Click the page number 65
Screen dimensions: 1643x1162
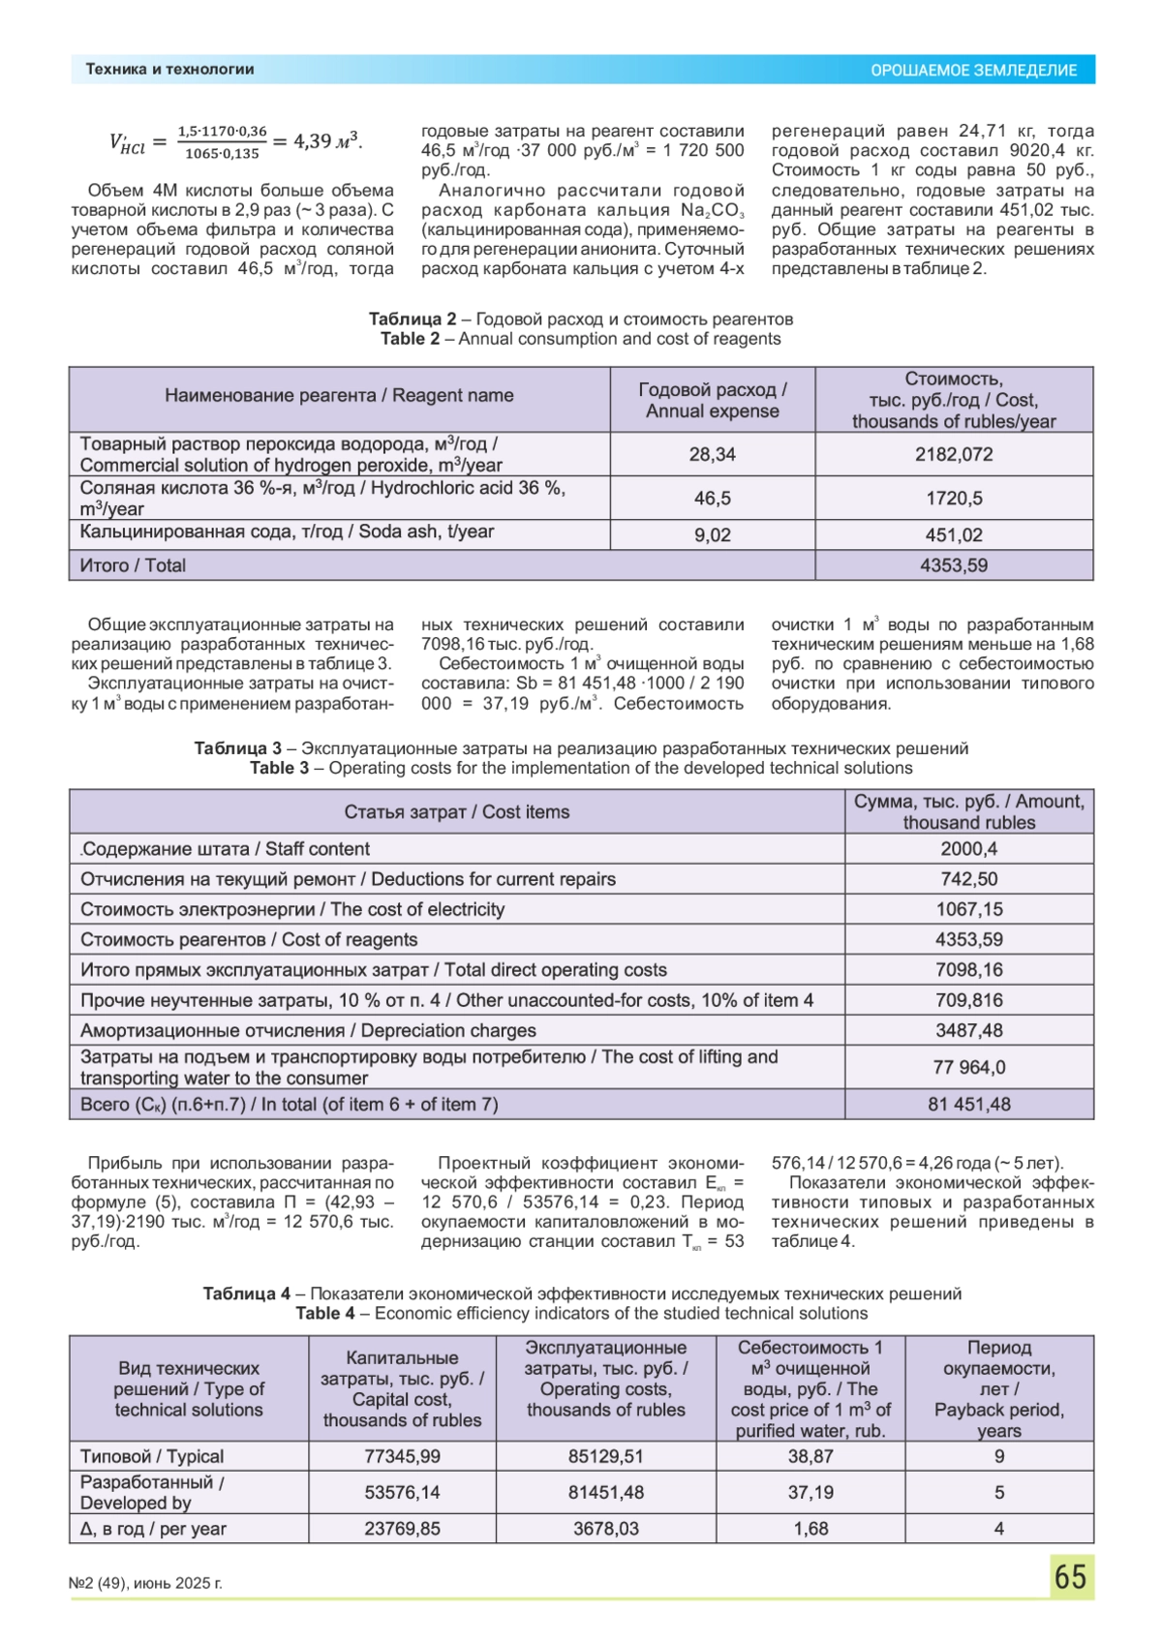click(1070, 1577)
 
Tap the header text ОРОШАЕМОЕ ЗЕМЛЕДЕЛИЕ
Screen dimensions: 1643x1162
click(973, 70)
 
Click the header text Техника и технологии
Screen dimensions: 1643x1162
click(170, 70)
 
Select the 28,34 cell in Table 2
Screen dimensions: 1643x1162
click(712, 454)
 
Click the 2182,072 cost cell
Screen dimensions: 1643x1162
click(954, 454)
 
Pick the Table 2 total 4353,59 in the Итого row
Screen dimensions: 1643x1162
click(954, 565)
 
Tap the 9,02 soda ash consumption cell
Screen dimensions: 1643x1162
click(712, 534)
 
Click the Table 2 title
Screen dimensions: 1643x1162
click(581, 329)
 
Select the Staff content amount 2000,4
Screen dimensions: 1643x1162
click(968, 849)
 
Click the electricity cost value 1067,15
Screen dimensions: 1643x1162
click(968, 909)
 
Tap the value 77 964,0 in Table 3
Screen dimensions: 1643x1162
click(968, 1067)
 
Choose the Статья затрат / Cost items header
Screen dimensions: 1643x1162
click(457, 812)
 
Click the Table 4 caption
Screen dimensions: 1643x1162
click(581, 1304)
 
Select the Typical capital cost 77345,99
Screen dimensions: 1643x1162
click(402, 1456)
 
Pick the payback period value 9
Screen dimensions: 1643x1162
click(999, 1456)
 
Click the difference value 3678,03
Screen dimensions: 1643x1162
click(606, 1529)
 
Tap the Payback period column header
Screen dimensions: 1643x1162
click(999, 1388)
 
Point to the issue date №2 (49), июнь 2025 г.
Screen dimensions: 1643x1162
click(146, 1584)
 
